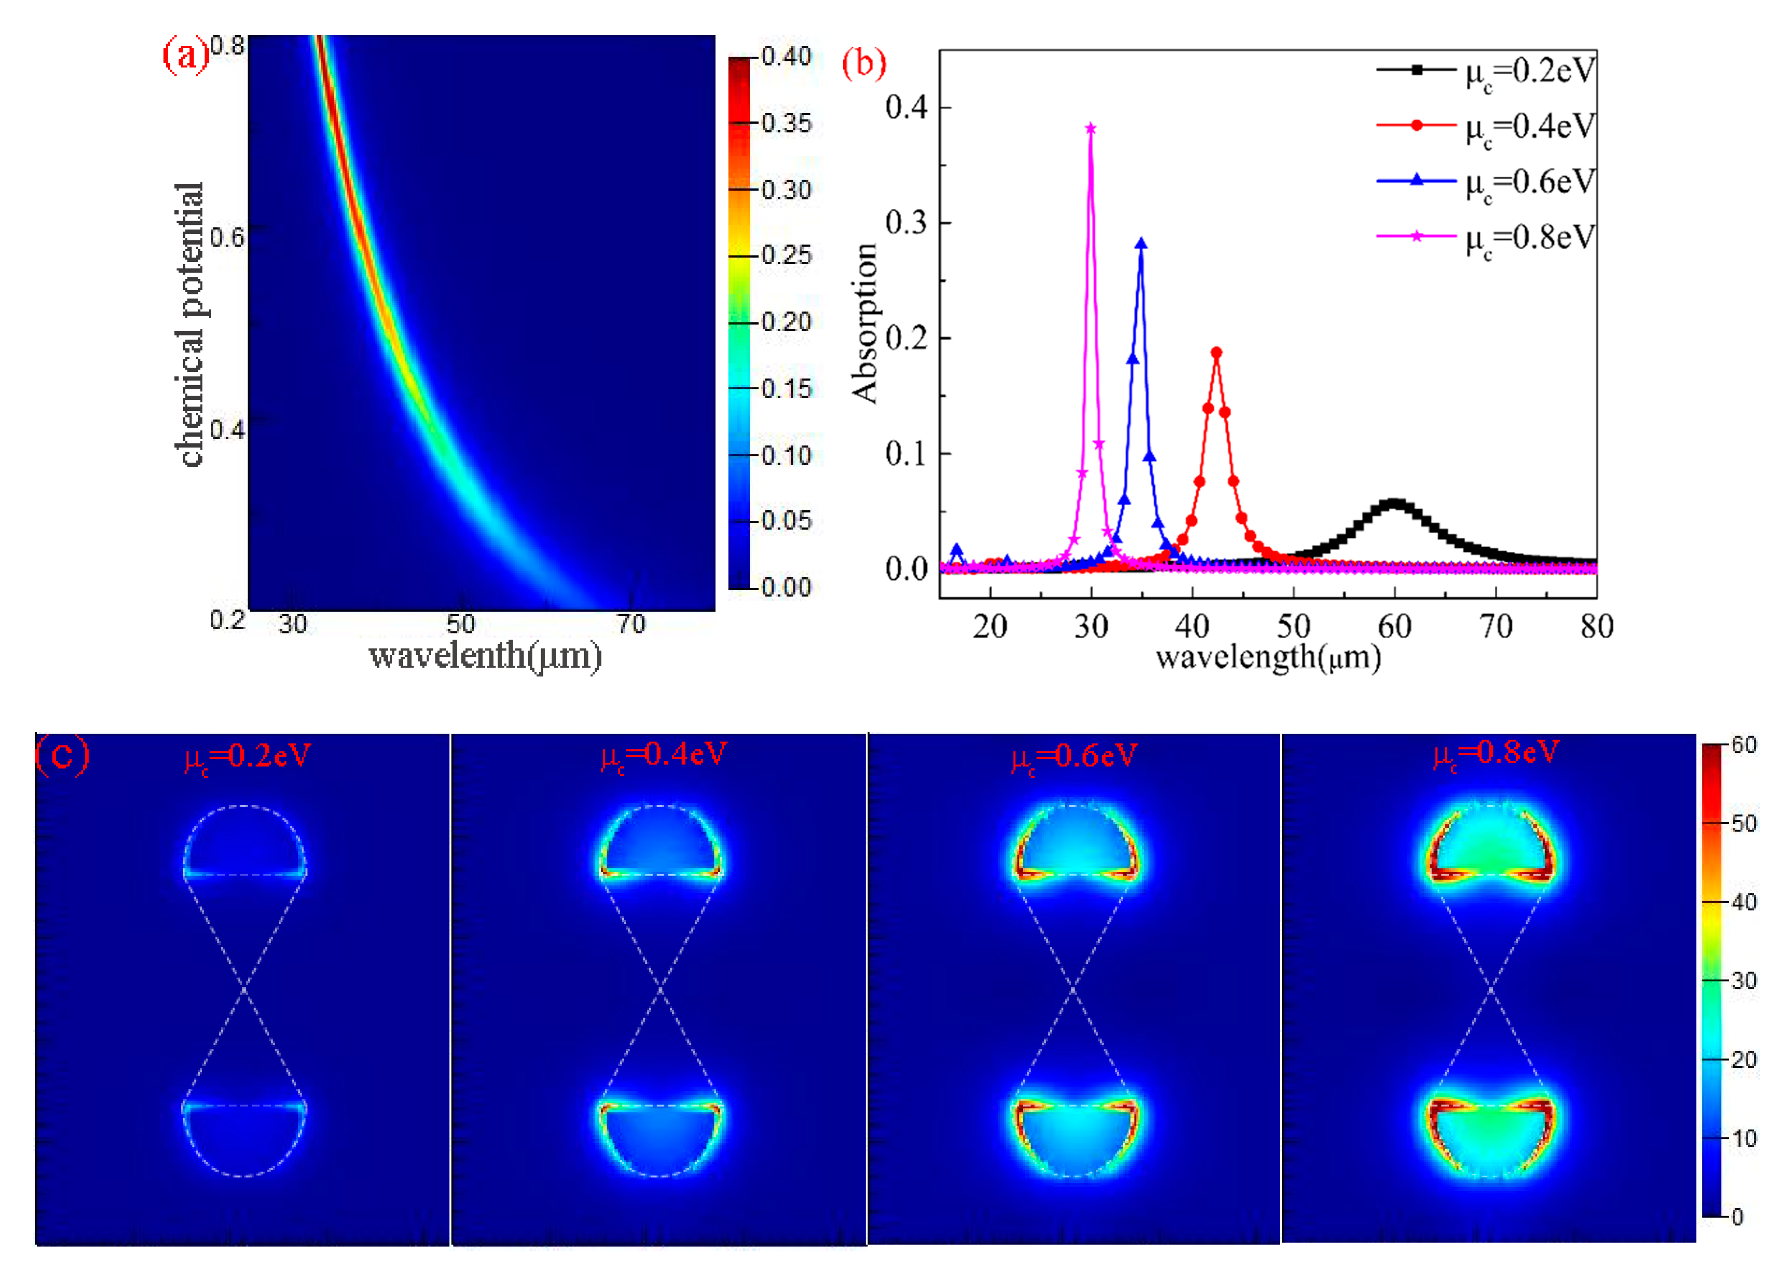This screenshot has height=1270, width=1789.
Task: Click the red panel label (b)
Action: coord(863,63)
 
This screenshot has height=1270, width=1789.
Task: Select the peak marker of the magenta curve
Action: coord(1091,128)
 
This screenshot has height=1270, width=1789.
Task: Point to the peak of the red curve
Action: coord(1216,353)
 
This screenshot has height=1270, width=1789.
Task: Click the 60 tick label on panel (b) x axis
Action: coord(1394,626)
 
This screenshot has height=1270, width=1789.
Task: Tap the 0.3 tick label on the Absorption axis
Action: coord(906,223)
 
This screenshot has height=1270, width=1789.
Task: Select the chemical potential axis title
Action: coord(190,325)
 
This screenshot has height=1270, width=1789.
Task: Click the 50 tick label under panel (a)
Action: coord(460,624)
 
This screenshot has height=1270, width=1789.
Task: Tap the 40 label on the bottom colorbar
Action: coord(1744,902)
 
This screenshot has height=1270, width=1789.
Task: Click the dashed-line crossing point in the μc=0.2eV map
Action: coord(245,990)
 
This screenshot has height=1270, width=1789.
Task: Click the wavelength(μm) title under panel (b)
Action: coord(1268,657)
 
